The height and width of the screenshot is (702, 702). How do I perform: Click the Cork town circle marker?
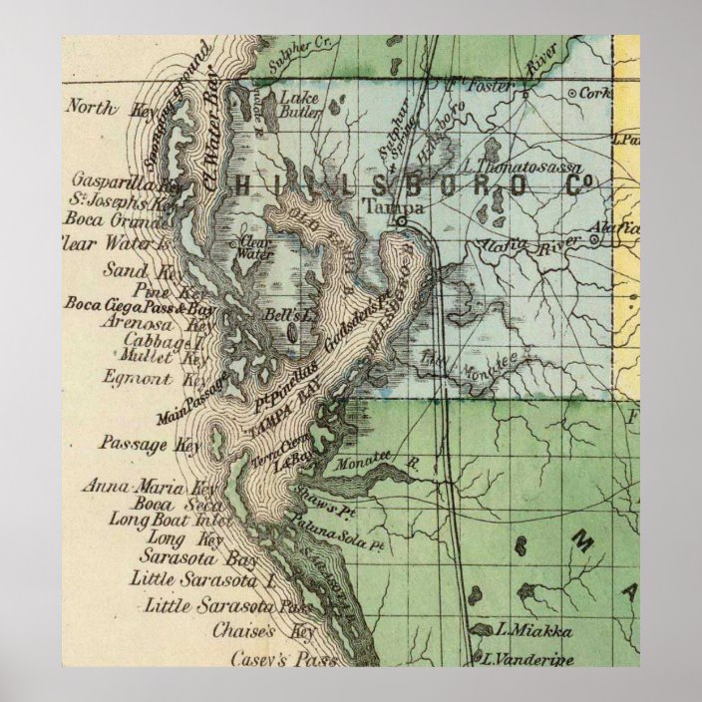(x=570, y=94)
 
